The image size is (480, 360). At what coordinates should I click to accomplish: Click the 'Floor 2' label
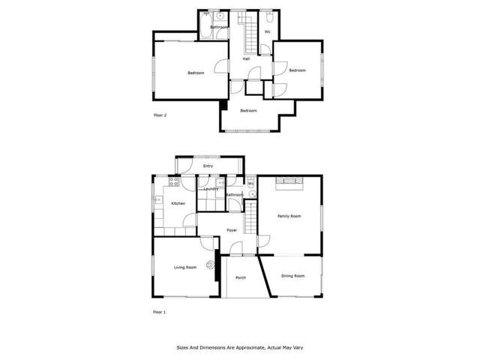tap(160, 115)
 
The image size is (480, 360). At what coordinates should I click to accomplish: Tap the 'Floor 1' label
tap(159, 311)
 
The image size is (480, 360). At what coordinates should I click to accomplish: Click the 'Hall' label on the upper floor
tap(245, 58)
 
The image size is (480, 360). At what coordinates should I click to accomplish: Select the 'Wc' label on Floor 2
tap(268, 31)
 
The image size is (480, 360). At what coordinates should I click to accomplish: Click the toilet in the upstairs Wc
tap(269, 14)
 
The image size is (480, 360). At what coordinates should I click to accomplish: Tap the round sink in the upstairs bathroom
tap(220, 15)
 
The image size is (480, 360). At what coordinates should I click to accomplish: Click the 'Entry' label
tap(208, 166)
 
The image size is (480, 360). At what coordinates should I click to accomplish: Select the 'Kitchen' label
tap(178, 203)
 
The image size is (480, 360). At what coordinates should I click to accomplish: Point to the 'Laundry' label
tap(211, 189)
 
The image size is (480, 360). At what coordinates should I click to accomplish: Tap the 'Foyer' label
tap(232, 230)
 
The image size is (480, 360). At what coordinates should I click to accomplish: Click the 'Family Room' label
tap(289, 216)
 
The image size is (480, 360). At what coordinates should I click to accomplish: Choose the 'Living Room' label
tap(185, 267)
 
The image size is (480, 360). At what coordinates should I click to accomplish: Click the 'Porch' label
tap(241, 277)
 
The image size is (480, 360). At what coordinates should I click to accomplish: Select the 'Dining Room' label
tap(293, 276)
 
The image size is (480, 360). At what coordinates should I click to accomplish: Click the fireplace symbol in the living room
tap(209, 262)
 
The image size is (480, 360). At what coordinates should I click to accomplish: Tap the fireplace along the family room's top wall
tap(289, 180)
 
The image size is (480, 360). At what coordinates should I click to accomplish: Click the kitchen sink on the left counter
tap(158, 199)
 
